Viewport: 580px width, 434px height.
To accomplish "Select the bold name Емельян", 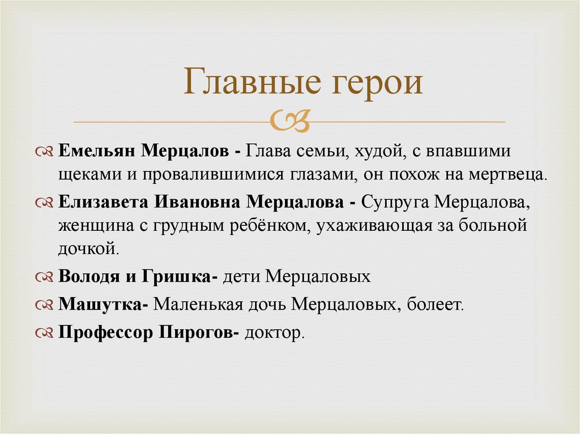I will coord(96,152).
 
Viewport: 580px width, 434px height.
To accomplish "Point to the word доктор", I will coord(274,333).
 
